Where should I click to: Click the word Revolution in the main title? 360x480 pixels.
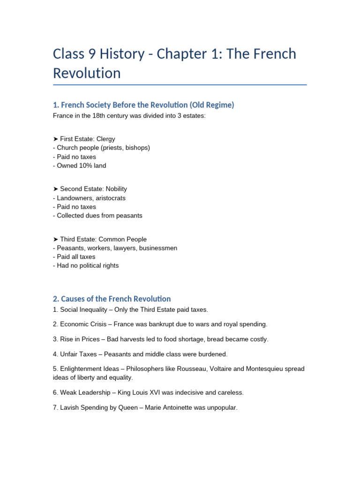[87, 73]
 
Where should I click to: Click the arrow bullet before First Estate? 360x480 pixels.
[56, 139]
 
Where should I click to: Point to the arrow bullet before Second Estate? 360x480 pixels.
[56, 189]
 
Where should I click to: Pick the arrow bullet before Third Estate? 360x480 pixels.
[56, 239]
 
